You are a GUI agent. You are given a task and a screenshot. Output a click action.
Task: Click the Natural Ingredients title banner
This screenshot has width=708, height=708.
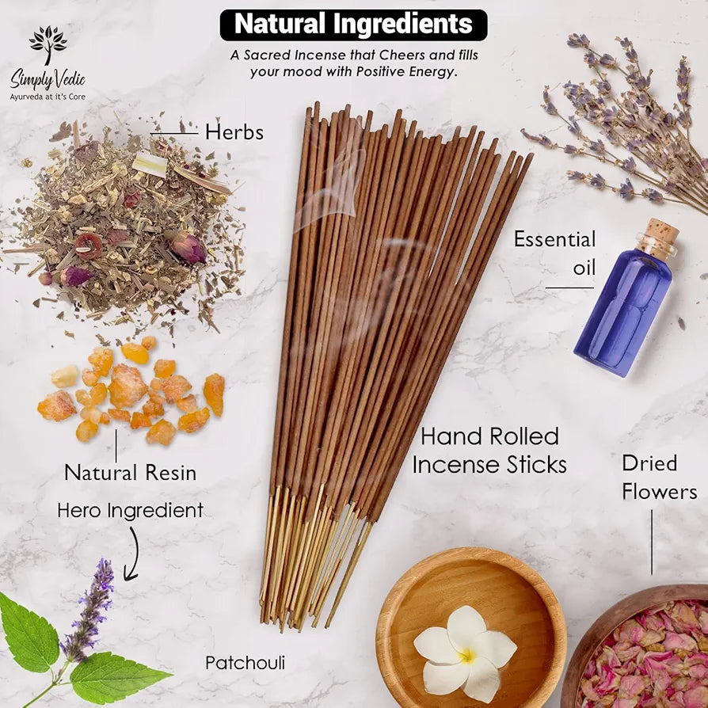(x=353, y=25)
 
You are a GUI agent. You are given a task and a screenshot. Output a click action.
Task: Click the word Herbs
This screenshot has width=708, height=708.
(x=234, y=132)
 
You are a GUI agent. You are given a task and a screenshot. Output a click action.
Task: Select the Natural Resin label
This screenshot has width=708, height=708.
(x=131, y=474)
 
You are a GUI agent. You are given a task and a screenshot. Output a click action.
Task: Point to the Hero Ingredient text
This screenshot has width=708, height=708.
(x=131, y=511)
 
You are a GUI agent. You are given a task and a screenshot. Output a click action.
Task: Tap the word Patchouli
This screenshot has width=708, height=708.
(x=246, y=663)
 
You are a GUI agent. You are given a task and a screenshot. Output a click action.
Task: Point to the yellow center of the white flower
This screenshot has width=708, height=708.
(x=467, y=656)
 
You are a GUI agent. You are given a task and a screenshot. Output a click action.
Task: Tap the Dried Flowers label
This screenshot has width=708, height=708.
(x=659, y=478)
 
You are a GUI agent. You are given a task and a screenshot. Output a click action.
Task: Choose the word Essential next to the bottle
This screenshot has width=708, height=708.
(x=555, y=239)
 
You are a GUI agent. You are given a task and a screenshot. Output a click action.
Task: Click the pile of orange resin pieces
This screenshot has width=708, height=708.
(x=131, y=391)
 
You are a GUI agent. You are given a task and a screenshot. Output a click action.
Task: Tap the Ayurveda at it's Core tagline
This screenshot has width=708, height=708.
(x=48, y=97)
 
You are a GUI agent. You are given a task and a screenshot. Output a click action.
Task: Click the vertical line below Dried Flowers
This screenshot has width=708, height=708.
(x=652, y=542)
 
